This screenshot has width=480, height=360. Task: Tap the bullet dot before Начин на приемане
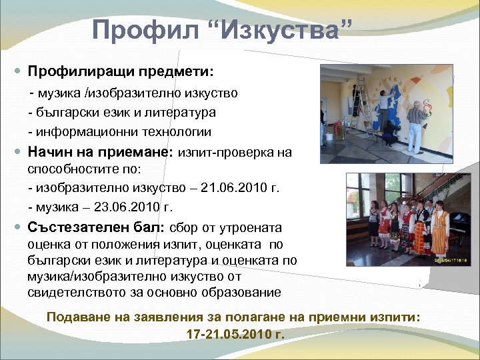17,151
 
